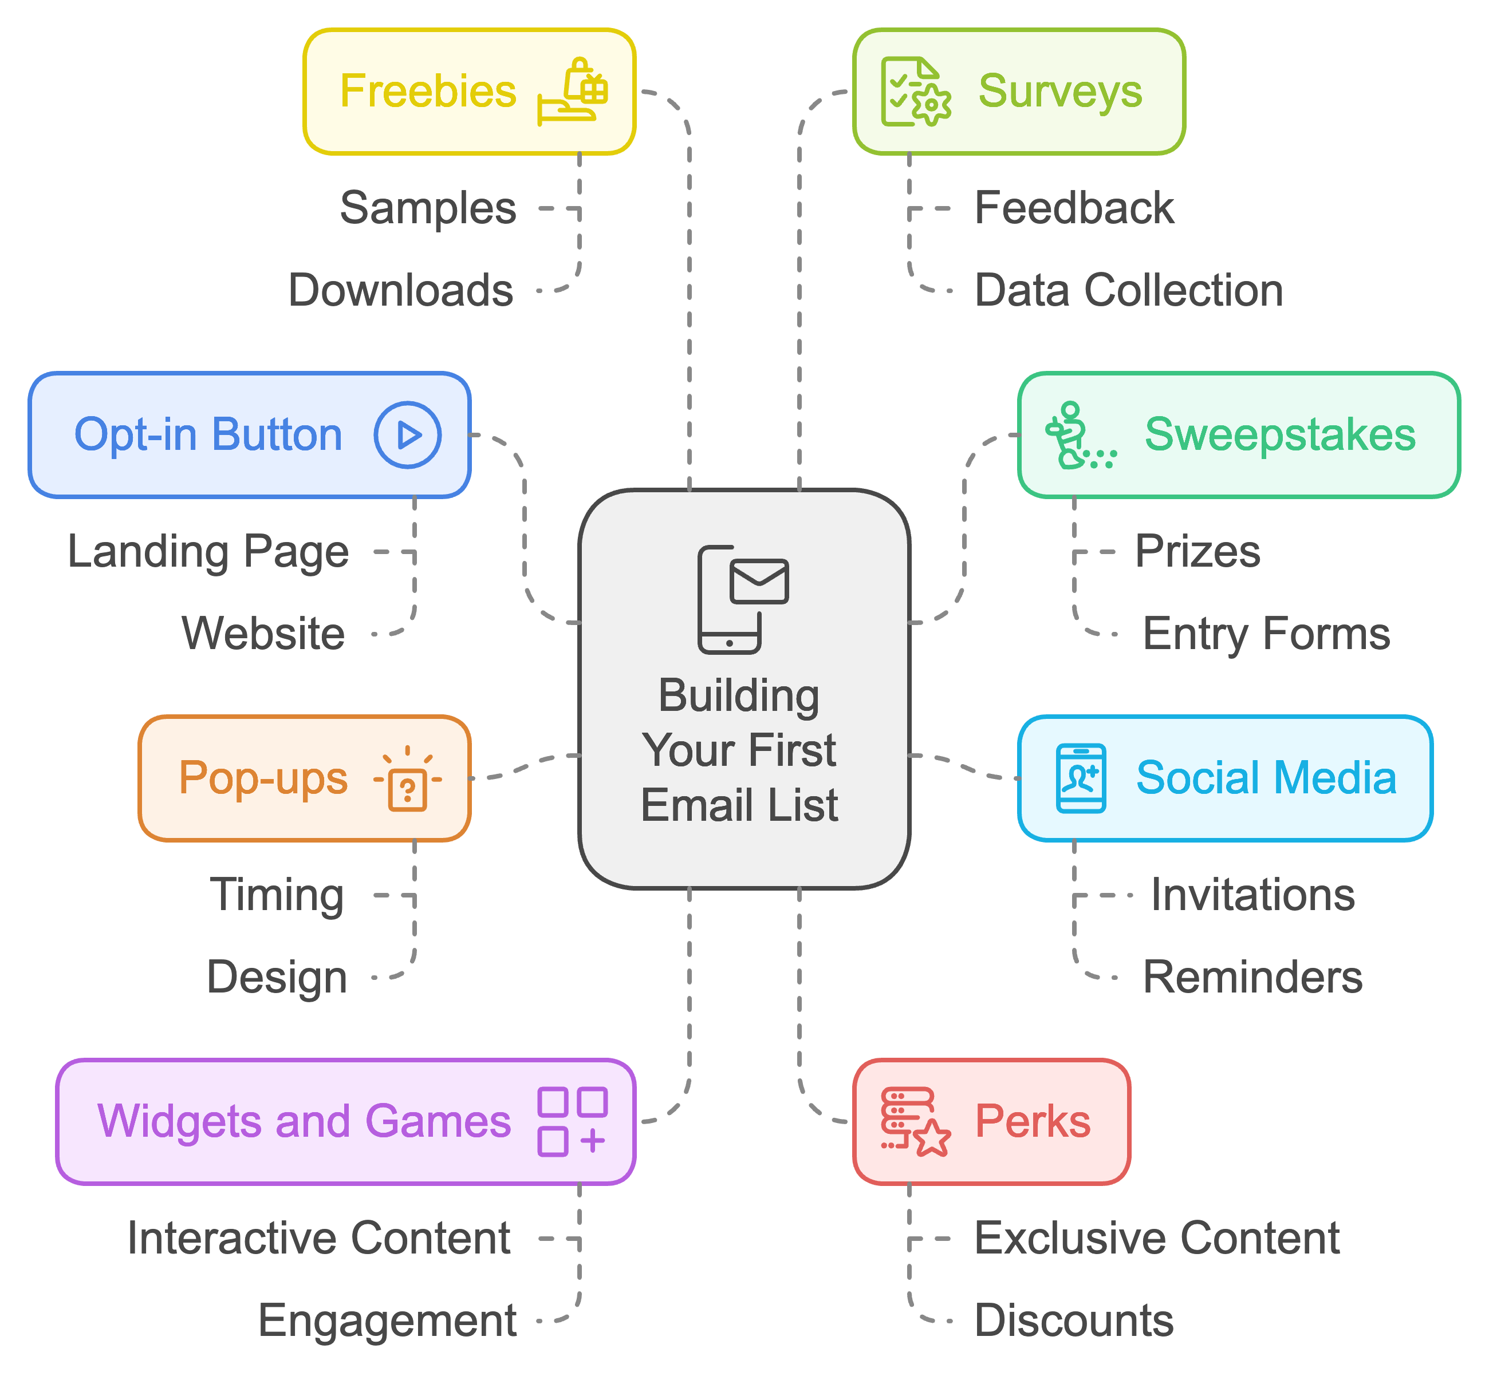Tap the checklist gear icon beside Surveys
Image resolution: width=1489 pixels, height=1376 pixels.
click(x=915, y=92)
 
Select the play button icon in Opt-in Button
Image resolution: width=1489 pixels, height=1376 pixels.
click(x=407, y=435)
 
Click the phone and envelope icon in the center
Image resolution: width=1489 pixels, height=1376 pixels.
click(x=742, y=599)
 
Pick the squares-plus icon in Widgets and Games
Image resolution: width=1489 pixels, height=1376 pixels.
click(x=572, y=1121)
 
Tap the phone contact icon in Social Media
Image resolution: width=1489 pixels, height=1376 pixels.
click(x=1080, y=778)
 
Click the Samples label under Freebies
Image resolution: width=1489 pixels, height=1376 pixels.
click(x=428, y=208)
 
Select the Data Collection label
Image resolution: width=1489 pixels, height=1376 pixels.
click(x=1128, y=290)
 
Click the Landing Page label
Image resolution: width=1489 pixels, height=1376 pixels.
click(x=208, y=552)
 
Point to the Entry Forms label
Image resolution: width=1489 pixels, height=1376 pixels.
click(x=1266, y=634)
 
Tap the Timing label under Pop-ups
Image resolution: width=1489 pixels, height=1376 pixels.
click(x=277, y=895)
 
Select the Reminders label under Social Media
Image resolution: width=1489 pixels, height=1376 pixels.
click(x=1252, y=977)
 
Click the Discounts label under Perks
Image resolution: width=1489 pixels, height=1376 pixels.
click(x=1073, y=1320)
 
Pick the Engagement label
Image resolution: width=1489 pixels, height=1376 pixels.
click(x=387, y=1320)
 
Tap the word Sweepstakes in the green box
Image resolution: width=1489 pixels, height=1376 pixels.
click(x=1280, y=435)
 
